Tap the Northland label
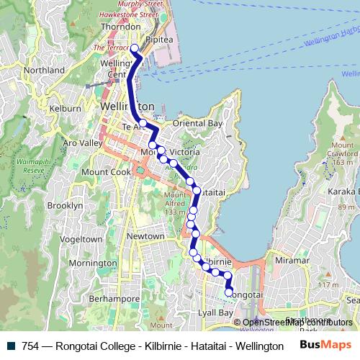click(x=44, y=71)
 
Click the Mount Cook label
click(x=105, y=172)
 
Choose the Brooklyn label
click(x=66, y=205)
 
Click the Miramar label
click(x=292, y=260)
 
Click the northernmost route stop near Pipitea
click(x=134, y=48)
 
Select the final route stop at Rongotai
click(x=229, y=293)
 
